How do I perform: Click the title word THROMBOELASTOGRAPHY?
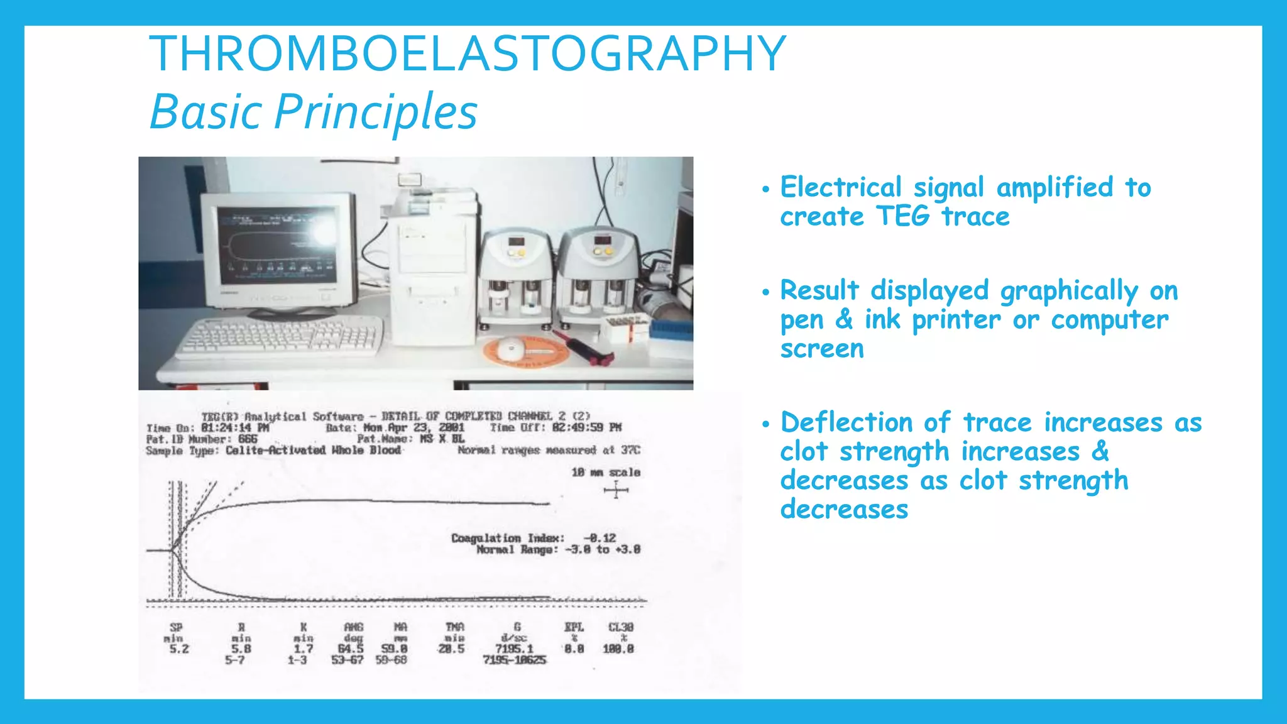[x=468, y=54]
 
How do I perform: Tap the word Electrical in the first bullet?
[x=840, y=188]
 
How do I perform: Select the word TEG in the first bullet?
[x=902, y=217]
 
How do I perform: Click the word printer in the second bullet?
[x=956, y=320]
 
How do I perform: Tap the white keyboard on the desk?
[x=280, y=337]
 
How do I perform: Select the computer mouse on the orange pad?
[x=512, y=346]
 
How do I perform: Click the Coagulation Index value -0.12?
[x=600, y=538]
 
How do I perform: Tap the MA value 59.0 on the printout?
[x=394, y=649]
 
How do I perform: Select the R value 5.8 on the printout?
[x=241, y=649]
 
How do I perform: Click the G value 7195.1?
[x=514, y=649]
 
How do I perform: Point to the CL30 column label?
[x=620, y=627]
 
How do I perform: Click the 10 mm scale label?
[x=606, y=472]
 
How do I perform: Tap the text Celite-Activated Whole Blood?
[x=313, y=451]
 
